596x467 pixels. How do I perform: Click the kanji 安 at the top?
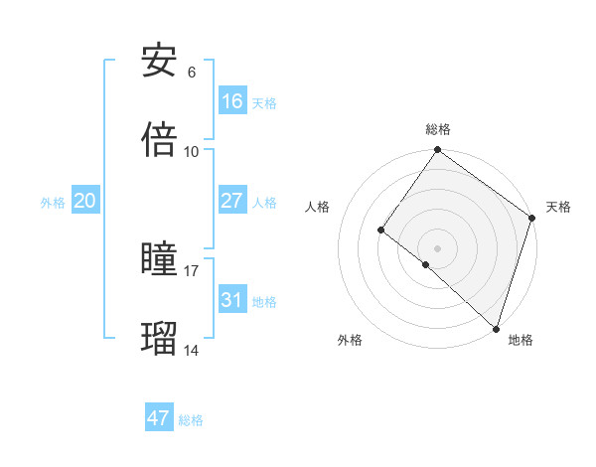(x=159, y=62)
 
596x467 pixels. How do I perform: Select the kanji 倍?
(x=159, y=140)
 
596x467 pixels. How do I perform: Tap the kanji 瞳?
(x=159, y=259)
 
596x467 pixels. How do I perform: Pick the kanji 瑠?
(x=159, y=339)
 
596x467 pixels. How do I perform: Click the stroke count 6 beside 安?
(x=192, y=73)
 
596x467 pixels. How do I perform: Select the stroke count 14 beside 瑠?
(x=192, y=350)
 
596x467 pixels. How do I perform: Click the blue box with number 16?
(x=232, y=101)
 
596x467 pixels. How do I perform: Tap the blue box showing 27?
(x=232, y=201)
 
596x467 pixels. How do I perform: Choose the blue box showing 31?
(x=232, y=299)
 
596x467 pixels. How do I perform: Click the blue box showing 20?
(x=85, y=201)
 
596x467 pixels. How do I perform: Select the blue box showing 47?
(x=159, y=418)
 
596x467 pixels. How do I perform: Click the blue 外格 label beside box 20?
(x=53, y=203)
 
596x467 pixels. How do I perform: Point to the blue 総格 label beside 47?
(x=191, y=420)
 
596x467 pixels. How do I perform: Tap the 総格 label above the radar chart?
(x=438, y=129)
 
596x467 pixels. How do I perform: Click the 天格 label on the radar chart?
(x=559, y=207)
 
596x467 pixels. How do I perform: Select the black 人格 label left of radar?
(x=318, y=207)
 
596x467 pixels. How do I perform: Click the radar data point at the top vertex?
(x=438, y=151)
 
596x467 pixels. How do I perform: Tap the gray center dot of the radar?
(x=438, y=247)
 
